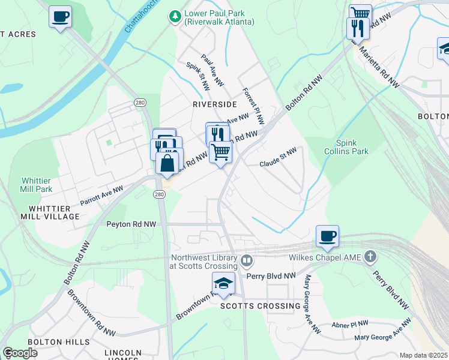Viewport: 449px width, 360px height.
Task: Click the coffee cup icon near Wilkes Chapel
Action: click(x=327, y=236)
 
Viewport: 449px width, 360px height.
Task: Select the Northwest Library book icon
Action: click(x=247, y=261)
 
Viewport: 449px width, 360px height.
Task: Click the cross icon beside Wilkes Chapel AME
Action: click(x=371, y=257)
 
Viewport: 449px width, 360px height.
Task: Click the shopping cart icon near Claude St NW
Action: click(x=221, y=152)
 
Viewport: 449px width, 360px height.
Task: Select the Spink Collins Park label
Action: click(x=352, y=148)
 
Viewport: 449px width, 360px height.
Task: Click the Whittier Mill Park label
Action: click(x=41, y=184)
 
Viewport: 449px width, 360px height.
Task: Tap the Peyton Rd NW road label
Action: click(x=131, y=224)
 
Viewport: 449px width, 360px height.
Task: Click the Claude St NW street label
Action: click(x=278, y=157)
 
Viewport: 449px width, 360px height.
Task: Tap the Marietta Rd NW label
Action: click(x=379, y=67)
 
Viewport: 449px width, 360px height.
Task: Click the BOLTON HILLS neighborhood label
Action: click(x=50, y=342)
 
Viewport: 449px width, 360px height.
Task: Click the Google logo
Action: click(x=20, y=352)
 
